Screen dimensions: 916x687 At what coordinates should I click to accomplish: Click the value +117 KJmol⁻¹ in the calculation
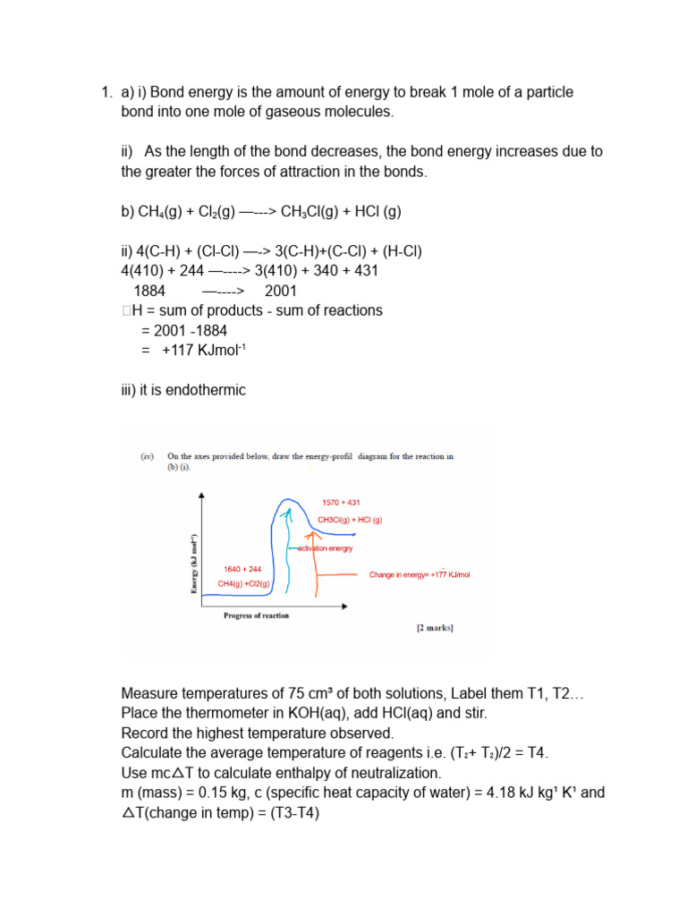click(x=203, y=351)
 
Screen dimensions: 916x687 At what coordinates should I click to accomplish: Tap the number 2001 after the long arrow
click(x=281, y=291)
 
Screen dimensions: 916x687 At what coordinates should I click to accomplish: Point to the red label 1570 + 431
click(x=341, y=503)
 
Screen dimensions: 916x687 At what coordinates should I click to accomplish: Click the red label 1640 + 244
click(x=242, y=569)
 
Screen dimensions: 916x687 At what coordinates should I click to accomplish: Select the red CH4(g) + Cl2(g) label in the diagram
click(x=243, y=584)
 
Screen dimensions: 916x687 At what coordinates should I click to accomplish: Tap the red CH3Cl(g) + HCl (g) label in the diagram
click(x=350, y=520)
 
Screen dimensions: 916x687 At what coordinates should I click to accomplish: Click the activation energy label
click(x=322, y=547)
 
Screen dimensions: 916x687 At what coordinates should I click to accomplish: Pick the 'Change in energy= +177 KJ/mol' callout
click(x=419, y=575)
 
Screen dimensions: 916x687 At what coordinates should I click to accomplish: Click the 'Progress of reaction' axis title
click(x=256, y=615)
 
